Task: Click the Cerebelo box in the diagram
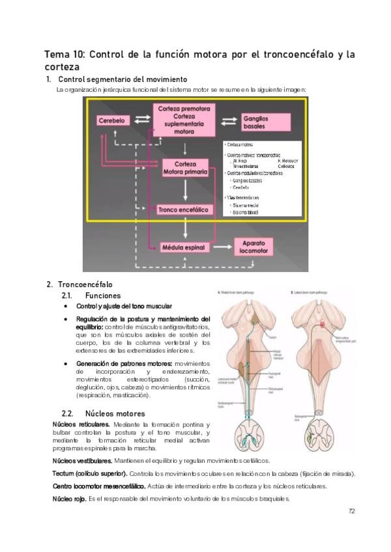coord(115,120)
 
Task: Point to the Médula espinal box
coord(184,247)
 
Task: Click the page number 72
coord(351,511)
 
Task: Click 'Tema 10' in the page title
coord(63,53)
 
